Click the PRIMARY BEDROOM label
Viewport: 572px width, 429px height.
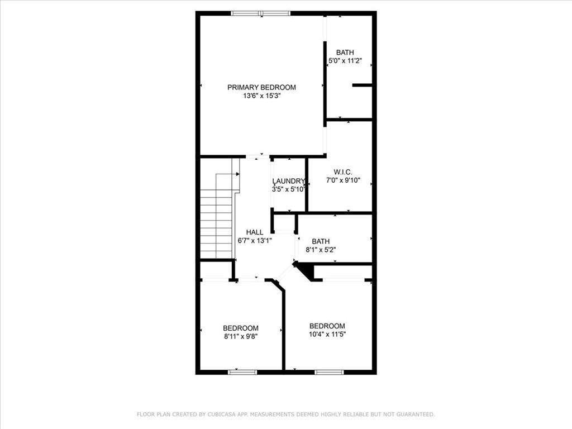click(261, 87)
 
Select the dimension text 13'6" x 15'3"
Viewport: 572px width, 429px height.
click(261, 96)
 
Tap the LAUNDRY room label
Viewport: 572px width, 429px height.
click(288, 181)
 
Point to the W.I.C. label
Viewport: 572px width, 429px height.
click(343, 171)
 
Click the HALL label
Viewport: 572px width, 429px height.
click(255, 232)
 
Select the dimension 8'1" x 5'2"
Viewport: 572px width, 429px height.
click(321, 250)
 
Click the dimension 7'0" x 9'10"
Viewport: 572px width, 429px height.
click(343, 180)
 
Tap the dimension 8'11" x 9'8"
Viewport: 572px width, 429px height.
click(241, 336)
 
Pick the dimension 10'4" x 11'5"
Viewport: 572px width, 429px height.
click(327, 334)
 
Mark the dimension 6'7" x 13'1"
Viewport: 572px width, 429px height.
click(255, 241)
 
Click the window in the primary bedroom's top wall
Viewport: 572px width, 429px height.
click(261, 13)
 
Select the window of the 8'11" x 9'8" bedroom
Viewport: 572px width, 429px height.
click(242, 371)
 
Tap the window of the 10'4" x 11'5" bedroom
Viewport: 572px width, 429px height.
click(329, 371)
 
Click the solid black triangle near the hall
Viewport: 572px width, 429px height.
click(306, 271)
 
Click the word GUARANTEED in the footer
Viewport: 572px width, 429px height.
click(415, 414)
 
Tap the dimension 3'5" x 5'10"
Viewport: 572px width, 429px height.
click(288, 189)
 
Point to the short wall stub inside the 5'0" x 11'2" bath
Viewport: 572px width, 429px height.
click(362, 85)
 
